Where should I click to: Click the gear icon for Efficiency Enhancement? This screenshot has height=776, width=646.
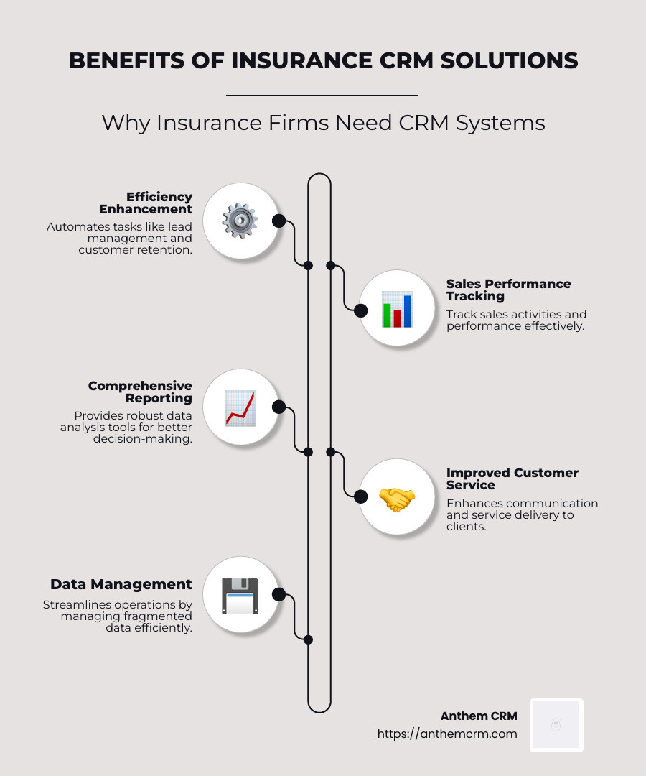240,221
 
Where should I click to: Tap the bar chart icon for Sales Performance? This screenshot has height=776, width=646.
396,310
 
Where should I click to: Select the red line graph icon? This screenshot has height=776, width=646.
240,407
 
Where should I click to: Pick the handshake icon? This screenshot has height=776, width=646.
396,497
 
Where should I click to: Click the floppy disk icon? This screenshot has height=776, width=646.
240,595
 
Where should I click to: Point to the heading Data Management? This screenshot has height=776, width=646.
121,584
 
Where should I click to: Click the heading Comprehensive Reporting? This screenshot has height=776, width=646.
141,392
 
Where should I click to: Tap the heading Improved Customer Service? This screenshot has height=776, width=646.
512,479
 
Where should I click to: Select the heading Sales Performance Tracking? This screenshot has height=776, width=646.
508,290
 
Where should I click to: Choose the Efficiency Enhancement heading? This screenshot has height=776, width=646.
146,203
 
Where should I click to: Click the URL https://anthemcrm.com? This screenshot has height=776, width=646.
447,734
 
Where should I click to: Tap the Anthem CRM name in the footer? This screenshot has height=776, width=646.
479,716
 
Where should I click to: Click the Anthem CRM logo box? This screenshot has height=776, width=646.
556,725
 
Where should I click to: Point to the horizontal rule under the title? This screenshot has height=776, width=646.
322,95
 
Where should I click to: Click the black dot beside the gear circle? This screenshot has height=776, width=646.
278,221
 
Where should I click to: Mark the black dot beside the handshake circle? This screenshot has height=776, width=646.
361,495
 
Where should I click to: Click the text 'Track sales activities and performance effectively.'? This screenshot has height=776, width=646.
516,320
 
